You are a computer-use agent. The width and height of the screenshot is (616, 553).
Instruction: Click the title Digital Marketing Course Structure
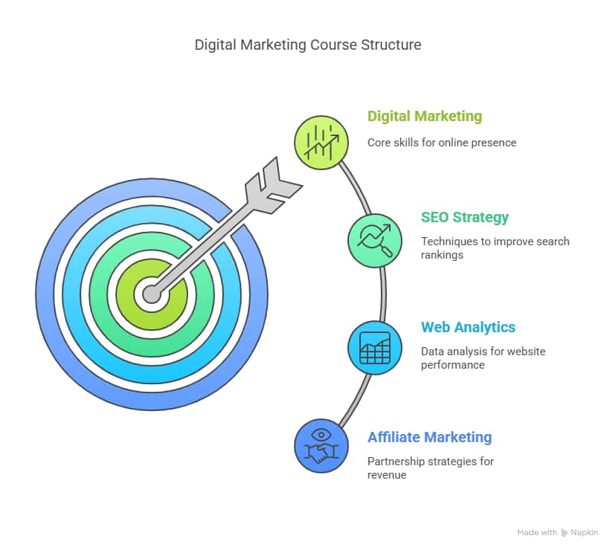(308, 45)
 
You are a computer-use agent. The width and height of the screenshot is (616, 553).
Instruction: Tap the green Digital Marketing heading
(425, 116)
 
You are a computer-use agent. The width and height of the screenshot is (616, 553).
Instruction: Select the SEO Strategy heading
(465, 217)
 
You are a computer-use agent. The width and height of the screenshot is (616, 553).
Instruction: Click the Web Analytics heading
(468, 327)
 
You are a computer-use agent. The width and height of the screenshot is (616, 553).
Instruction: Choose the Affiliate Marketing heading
(429, 437)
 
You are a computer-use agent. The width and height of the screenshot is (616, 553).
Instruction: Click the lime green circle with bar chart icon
(321, 143)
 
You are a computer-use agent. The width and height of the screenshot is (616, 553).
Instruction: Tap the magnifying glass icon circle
(375, 240)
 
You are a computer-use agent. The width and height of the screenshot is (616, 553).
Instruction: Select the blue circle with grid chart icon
(375, 348)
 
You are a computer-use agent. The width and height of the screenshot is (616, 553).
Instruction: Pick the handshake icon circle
(321, 446)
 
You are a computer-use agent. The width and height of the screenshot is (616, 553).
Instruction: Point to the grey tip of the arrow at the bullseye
(152, 294)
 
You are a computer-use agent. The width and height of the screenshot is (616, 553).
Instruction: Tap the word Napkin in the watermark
(584, 533)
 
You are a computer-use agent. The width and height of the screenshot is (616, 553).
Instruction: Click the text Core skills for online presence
(442, 143)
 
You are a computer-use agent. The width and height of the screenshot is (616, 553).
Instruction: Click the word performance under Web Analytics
(452, 365)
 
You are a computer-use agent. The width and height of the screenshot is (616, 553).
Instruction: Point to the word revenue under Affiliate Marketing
(387, 475)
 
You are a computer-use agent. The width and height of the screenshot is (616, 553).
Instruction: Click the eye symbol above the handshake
(321, 435)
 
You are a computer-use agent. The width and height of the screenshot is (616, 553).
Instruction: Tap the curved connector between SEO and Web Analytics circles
(383, 294)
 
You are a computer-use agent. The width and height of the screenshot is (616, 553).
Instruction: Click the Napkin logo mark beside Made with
(564, 533)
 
